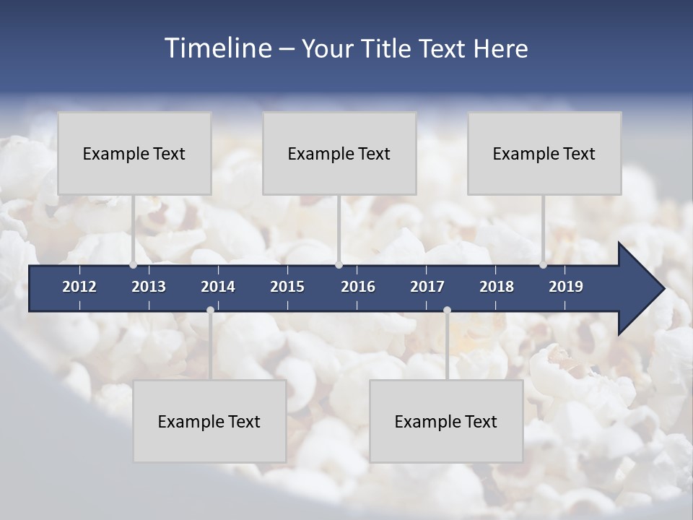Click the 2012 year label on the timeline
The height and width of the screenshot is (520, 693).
[x=79, y=287]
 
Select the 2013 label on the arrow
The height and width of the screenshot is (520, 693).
[x=149, y=287]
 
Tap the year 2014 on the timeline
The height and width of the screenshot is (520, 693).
[x=218, y=287]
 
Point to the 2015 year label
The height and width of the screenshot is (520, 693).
[x=287, y=287]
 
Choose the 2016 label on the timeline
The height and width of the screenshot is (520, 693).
[x=358, y=287]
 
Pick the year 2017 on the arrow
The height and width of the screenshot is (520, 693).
[x=427, y=287]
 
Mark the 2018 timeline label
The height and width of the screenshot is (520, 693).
[x=497, y=287]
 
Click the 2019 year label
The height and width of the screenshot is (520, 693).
[x=566, y=287]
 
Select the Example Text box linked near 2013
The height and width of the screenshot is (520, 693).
[x=134, y=153]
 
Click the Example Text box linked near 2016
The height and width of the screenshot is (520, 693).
[x=339, y=153]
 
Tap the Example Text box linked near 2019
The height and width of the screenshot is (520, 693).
[x=544, y=153]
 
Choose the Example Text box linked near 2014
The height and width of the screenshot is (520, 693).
[x=209, y=421]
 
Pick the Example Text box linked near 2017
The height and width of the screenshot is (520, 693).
[x=446, y=421]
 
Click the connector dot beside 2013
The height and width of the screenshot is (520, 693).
[x=134, y=265]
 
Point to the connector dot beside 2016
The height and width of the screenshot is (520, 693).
[x=339, y=265]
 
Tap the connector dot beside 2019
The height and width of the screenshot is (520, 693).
[x=543, y=265]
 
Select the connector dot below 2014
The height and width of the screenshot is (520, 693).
[x=210, y=310]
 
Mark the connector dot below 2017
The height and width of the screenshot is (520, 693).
[x=447, y=310]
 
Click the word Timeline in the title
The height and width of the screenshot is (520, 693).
[x=217, y=48]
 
